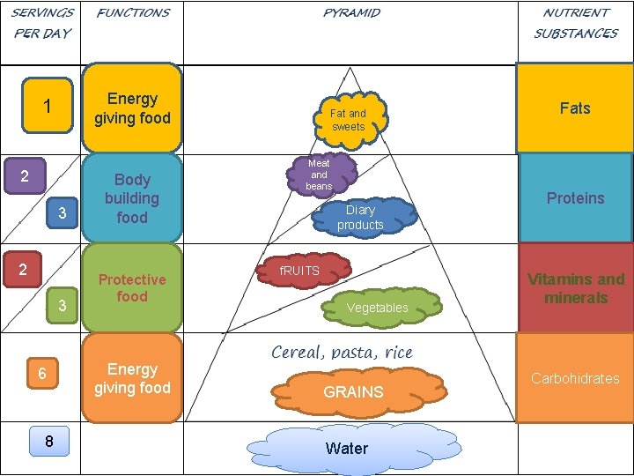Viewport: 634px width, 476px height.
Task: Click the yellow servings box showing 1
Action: click(48, 108)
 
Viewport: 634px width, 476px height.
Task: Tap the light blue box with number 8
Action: click(48, 441)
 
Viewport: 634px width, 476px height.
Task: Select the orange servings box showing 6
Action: click(42, 374)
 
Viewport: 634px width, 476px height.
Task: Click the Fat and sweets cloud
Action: click(349, 119)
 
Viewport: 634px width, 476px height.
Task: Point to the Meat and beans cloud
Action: click(319, 175)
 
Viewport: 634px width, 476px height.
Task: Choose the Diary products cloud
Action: click(360, 217)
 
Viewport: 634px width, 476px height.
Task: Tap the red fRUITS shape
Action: click(300, 271)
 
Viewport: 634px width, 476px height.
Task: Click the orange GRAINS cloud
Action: click(352, 391)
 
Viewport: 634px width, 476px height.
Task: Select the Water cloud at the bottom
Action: click(347, 448)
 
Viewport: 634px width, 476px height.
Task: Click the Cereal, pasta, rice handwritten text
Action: click(342, 352)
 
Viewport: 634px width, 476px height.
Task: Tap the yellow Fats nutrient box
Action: click(574, 108)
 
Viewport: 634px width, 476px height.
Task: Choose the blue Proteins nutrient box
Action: click(575, 197)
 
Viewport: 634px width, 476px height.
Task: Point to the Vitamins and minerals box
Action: click(575, 288)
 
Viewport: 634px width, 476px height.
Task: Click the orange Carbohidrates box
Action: click(575, 378)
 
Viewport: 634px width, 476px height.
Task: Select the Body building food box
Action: click(132, 198)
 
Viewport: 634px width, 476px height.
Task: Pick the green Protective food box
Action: click(132, 288)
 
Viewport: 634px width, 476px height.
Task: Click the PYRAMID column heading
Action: click(351, 13)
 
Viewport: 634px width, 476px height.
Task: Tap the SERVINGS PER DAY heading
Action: click(41, 23)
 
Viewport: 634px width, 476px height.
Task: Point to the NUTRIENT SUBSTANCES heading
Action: click(576, 23)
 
